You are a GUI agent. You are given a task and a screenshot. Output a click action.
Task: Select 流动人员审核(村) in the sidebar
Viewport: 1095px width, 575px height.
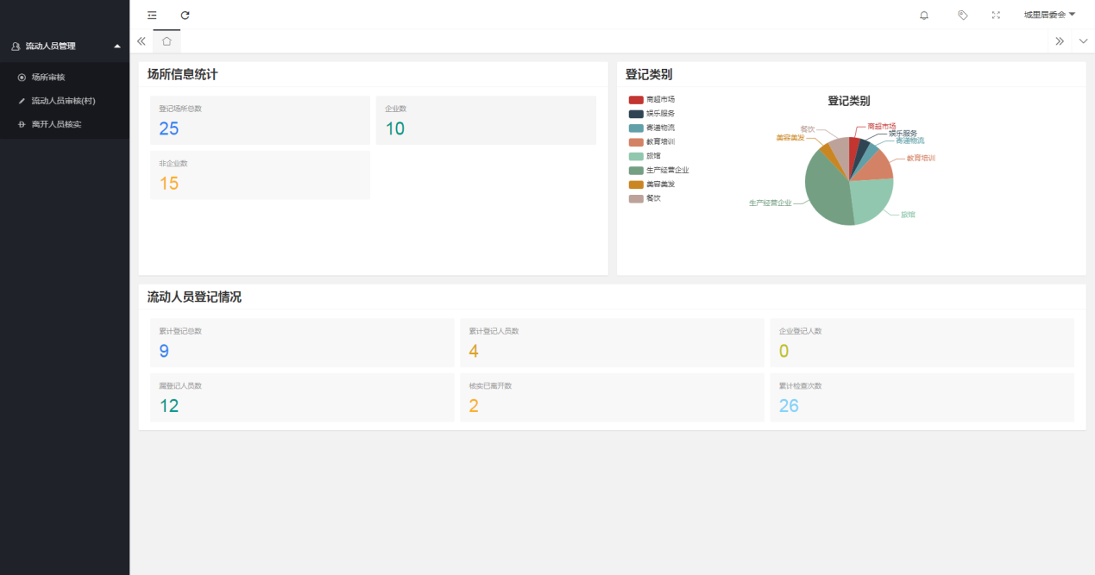(x=62, y=101)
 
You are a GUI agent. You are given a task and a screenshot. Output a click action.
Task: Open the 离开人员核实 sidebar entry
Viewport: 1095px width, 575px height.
(x=56, y=124)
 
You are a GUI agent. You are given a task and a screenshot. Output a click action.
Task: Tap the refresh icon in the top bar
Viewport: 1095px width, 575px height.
(x=185, y=15)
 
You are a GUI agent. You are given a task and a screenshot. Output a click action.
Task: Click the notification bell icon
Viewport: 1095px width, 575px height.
(x=924, y=15)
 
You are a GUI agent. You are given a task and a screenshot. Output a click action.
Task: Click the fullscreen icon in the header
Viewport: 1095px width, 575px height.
(x=996, y=15)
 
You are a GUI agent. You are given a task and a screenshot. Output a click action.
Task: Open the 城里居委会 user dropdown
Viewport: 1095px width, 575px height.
(x=1049, y=15)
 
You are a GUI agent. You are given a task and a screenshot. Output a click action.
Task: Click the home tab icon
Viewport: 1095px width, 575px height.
(x=167, y=41)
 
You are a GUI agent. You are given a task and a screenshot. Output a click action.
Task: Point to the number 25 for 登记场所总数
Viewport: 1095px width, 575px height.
(x=169, y=129)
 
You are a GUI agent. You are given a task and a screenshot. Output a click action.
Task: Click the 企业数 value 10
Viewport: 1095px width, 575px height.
(x=394, y=129)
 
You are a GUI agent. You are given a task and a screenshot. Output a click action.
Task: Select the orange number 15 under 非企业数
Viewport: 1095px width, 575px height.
(x=169, y=184)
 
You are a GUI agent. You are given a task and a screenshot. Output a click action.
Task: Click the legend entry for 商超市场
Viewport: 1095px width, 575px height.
(x=652, y=100)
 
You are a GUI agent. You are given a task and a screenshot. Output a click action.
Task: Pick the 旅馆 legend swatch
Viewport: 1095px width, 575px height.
(x=636, y=156)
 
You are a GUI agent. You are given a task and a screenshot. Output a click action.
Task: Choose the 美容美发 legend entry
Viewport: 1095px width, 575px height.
(x=652, y=184)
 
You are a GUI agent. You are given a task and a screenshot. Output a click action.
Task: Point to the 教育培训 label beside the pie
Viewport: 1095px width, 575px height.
(x=921, y=158)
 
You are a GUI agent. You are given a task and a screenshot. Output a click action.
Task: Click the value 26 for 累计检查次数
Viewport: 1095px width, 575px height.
(x=789, y=406)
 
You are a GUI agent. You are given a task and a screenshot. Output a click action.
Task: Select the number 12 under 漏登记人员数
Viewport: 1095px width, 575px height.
(x=169, y=406)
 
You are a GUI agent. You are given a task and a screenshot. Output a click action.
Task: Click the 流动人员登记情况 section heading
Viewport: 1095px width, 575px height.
(x=194, y=297)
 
